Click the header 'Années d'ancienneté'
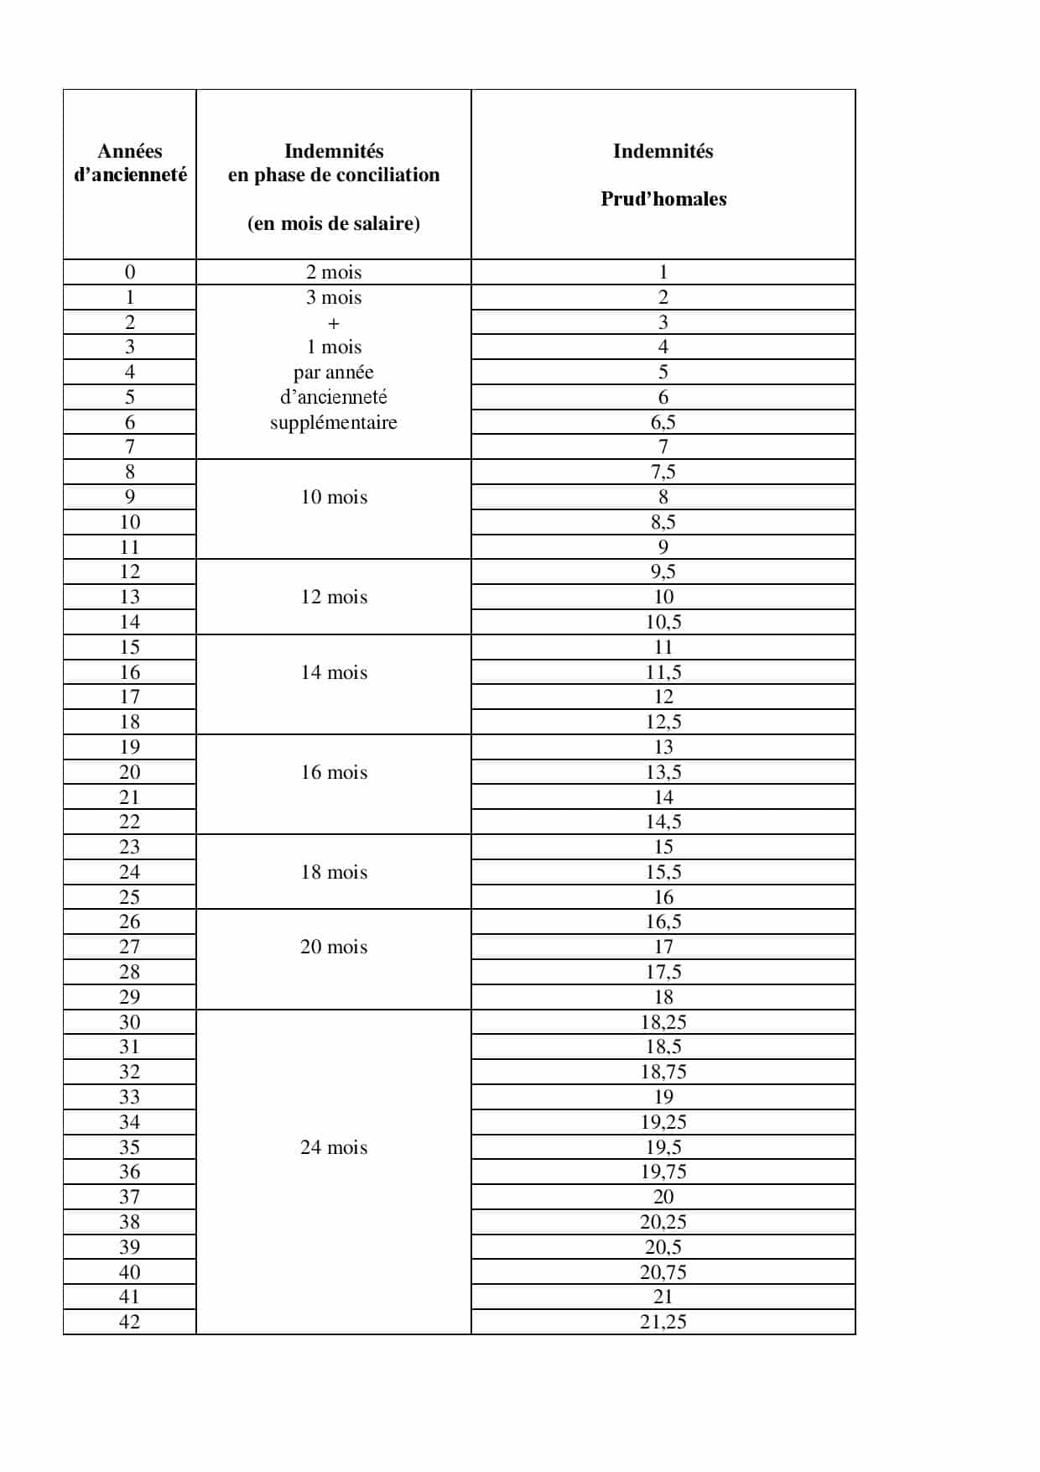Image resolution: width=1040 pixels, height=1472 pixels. pos(130,163)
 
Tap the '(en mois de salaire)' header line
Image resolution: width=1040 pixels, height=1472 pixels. pos(334,223)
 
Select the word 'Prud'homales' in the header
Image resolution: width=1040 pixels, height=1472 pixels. pos(663,199)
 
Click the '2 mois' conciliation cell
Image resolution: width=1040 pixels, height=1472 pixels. pos(334,272)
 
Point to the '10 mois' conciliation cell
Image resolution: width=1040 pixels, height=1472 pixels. pos(334,497)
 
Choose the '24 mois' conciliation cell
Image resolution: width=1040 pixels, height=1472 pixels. pos(334,1147)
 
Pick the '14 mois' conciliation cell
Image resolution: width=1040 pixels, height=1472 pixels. pos(334,672)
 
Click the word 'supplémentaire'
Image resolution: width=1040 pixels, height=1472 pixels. pos(334,422)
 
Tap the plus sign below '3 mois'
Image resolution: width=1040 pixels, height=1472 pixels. pos(334,323)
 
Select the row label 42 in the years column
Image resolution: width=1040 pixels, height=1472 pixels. pos(129,1322)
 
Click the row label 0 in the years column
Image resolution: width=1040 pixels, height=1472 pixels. pos(129,272)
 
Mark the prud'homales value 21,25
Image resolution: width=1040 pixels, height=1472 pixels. pos(663,1322)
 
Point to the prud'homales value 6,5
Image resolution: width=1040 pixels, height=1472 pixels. pos(663,422)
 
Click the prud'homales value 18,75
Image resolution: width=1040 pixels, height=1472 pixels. pos(663,1072)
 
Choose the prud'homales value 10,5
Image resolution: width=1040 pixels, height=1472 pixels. pos(663,622)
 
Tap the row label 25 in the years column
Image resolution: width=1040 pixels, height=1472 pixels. pos(129,897)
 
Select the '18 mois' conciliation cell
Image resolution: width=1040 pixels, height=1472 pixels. pos(334,872)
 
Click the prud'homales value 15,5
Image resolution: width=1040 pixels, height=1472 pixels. pos(663,872)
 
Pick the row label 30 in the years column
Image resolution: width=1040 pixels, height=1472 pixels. pos(129,1022)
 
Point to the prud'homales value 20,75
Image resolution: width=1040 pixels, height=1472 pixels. pos(663,1272)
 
